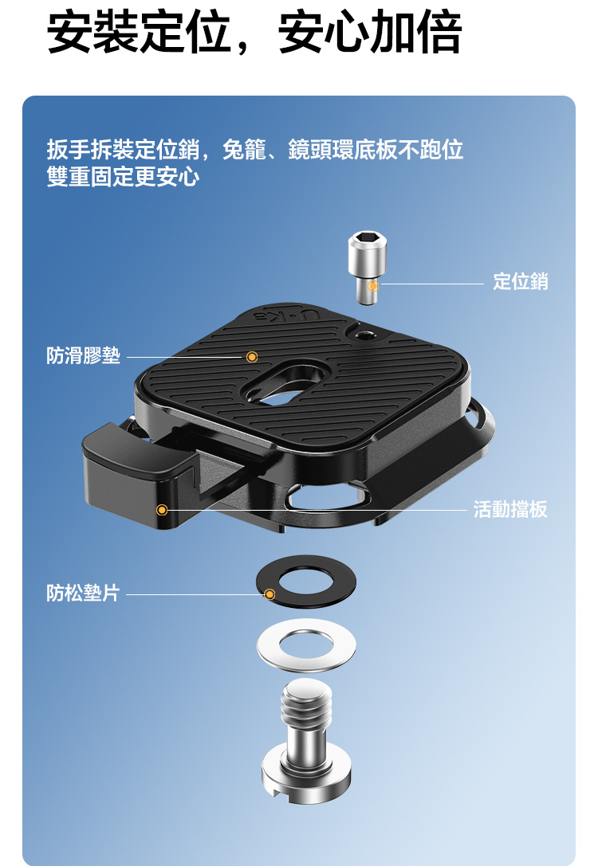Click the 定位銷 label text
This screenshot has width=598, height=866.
(520, 282)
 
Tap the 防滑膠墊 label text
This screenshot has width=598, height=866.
(84, 355)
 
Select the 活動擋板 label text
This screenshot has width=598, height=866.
(510, 509)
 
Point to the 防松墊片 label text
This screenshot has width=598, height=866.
(84, 593)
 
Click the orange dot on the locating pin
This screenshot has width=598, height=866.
(374, 286)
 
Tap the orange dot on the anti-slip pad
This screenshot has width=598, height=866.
(252, 357)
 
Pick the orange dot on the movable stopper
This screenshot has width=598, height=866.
(162, 509)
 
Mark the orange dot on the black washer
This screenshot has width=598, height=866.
(269, 594)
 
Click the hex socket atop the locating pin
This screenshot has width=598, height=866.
(367, 238)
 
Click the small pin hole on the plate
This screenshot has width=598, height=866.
(364, 335)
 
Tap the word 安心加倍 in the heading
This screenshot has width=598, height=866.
(370, 33)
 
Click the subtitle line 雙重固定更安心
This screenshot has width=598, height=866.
(123, 177)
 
